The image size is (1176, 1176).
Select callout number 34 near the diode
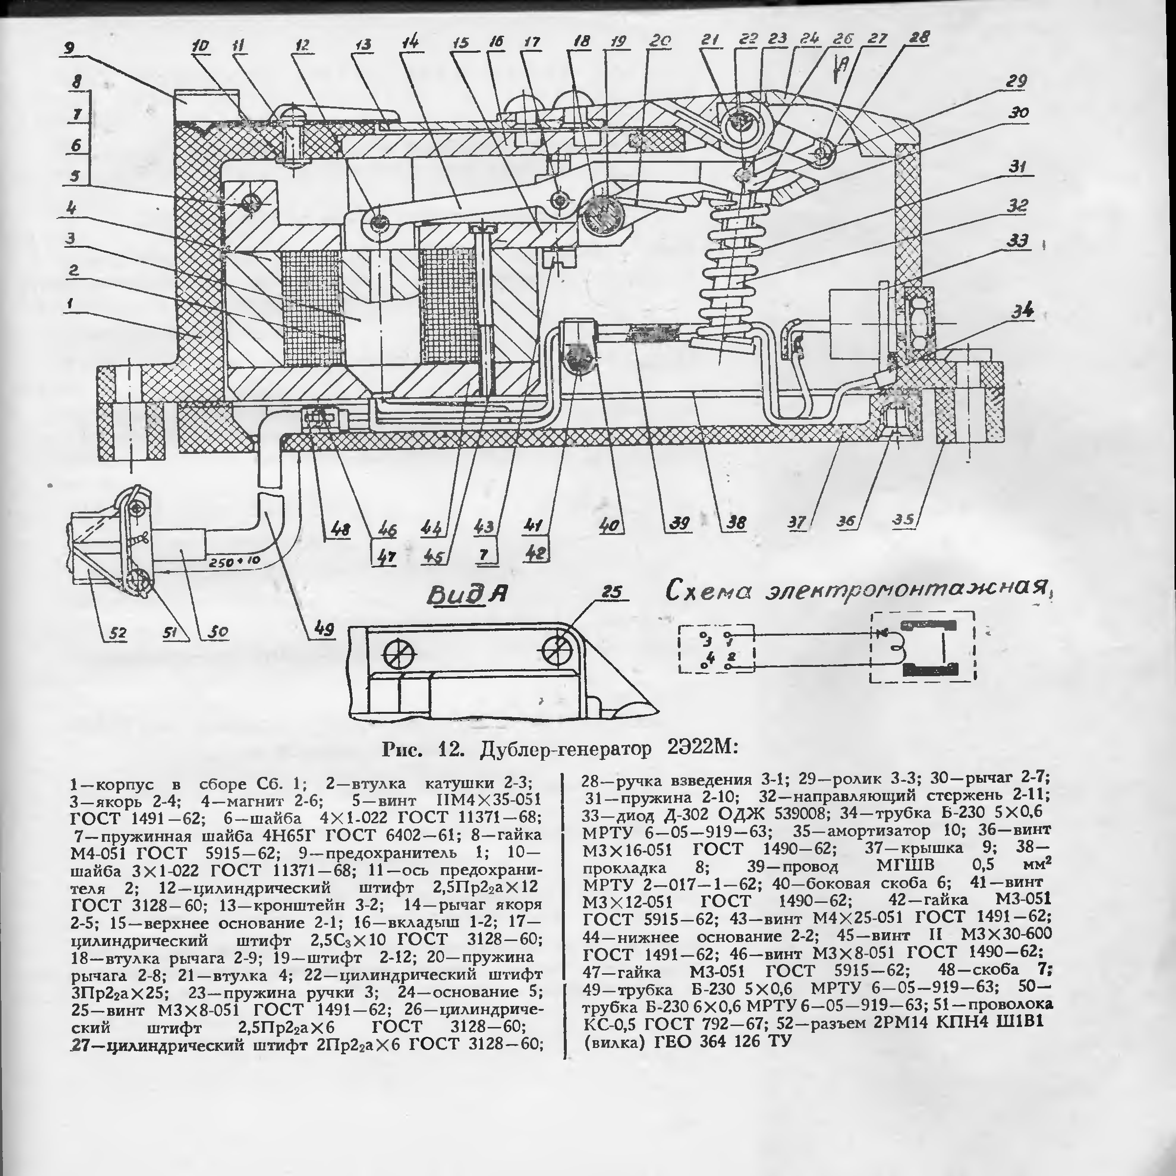tap(1022, 311)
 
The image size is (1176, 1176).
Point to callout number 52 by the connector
tap(117, 633)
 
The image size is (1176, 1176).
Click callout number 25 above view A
tap(614, 592)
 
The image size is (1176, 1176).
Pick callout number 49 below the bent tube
tap(324, 629)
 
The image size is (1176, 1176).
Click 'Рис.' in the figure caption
tap(402, 748)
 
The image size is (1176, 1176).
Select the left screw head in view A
tap(400, 657)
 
